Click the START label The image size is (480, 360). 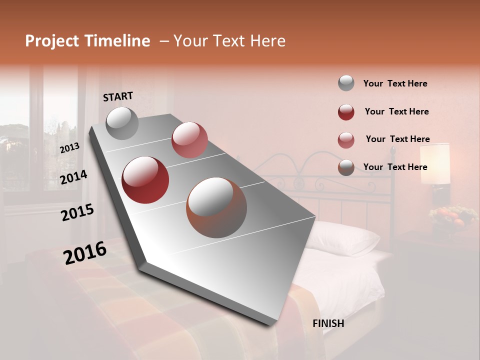(118, 96)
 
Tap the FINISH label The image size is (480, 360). (328, 323)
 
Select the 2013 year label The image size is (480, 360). (69, 147)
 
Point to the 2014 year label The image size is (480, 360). (73, 177)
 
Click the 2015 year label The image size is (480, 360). (77, 213)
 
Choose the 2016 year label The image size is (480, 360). (84, 253)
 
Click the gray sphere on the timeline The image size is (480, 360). (122, 123)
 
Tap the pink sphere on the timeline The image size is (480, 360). (189, 140)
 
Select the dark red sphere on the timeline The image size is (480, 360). (145, 180)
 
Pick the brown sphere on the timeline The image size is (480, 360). (216, 207)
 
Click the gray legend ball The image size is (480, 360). (346, 83)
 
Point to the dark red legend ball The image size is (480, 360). (346, 111)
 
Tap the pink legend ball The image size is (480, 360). (346, 139)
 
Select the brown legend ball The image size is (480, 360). (346, 167)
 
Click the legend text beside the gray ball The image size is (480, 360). (395, 83)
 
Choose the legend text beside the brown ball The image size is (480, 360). (395, 167)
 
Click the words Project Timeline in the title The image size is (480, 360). (87, 41)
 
